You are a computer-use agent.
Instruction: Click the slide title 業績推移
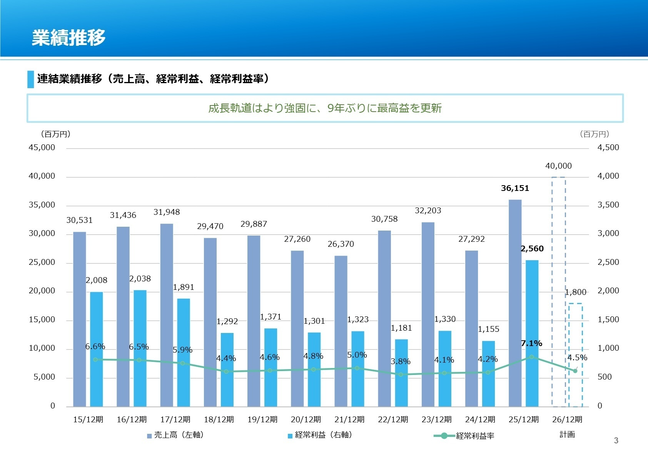(x=68, y=38)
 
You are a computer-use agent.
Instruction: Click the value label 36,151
(x=515, y=188)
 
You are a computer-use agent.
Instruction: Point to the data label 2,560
(x=532, y=249)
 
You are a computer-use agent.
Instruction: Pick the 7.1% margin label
(x=531, y=343)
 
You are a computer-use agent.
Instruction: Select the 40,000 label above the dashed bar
(x=558, y=166)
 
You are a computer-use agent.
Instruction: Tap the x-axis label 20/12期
(x=306, y=419)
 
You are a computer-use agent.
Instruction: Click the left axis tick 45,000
(x=42, y=147)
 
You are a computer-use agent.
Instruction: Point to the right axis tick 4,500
(x=608, y=147)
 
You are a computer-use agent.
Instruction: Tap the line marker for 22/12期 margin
(x=401, y=374)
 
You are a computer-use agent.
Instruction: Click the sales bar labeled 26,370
(x=341, y=331)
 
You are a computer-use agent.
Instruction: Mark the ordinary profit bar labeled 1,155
(x=489, y=373)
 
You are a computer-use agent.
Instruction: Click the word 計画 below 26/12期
(x=567, y=435)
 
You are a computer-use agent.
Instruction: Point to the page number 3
(x=616, y=441)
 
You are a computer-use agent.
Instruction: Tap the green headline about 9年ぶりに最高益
(x=325, y=108)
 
